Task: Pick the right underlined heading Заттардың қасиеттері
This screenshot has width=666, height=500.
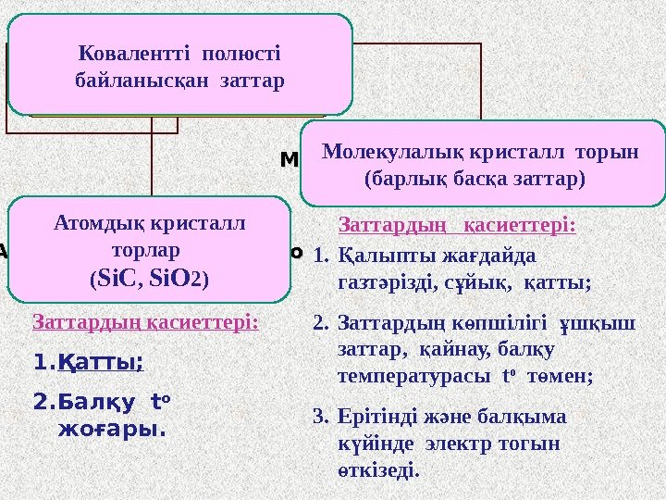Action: (458, 225)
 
